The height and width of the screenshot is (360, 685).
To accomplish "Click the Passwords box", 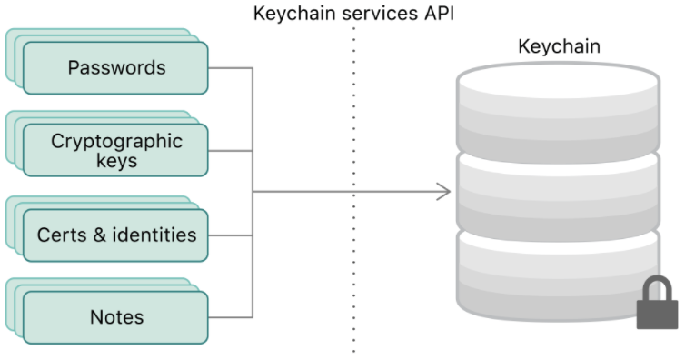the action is tap(115, 67).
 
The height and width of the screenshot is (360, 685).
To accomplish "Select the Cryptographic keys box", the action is tap(115, 150).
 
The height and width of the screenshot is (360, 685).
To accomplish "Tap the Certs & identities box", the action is tap(115, 235).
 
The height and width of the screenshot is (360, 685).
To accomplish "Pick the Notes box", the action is tap(115, 317).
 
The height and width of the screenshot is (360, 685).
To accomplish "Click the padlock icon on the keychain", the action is tap(657, 303).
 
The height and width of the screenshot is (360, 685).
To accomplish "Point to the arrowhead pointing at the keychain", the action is tap(444, 191).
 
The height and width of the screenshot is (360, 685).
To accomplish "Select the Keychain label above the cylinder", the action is tap(560, 46).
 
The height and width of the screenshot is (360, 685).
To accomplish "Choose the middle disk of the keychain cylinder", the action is tap(558, 196).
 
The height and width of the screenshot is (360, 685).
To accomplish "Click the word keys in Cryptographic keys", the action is tap(116, 160).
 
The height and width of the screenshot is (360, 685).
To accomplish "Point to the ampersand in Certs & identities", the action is tap(100, 235).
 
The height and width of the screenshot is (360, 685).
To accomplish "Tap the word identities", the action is tap(154, 235).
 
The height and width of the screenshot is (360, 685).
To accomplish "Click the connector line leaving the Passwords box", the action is tap(230, 67).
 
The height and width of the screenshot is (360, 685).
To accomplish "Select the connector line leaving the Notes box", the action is tap(230, 317).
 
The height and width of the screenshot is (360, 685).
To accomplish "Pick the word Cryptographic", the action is tap(116, 142).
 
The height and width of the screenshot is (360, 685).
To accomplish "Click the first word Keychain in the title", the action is tap(295, 14).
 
